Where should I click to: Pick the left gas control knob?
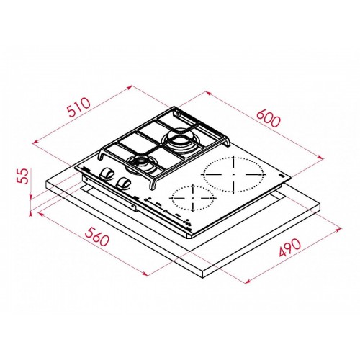pyautogui.click(x=108, y=175)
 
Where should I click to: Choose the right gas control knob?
pyautogui.click(x=125, y=183)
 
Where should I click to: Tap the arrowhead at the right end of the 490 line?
pyautogui.click(x=339, y=230)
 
